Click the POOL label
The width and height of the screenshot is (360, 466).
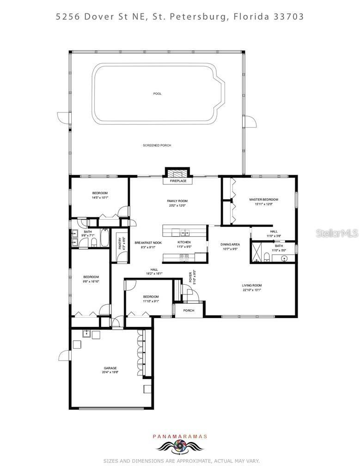(158, 94)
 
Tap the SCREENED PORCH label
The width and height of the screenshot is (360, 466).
(157, 145)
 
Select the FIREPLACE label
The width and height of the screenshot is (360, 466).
(177, 181)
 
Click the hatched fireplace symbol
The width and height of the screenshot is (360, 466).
(177, 173)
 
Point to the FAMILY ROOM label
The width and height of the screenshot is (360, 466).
(177, 201)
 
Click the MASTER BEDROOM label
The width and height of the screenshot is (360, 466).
(263, 200)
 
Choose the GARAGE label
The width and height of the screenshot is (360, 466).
(110, 368)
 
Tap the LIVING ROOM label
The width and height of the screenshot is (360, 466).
(252, 285)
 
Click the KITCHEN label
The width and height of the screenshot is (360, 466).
(184, 242)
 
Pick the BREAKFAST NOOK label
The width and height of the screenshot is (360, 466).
(148, 243)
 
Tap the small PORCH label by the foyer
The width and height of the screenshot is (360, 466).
(189, 310)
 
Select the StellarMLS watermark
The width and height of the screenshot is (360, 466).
(337, 234)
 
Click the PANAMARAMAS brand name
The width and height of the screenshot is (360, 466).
(180, 436)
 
